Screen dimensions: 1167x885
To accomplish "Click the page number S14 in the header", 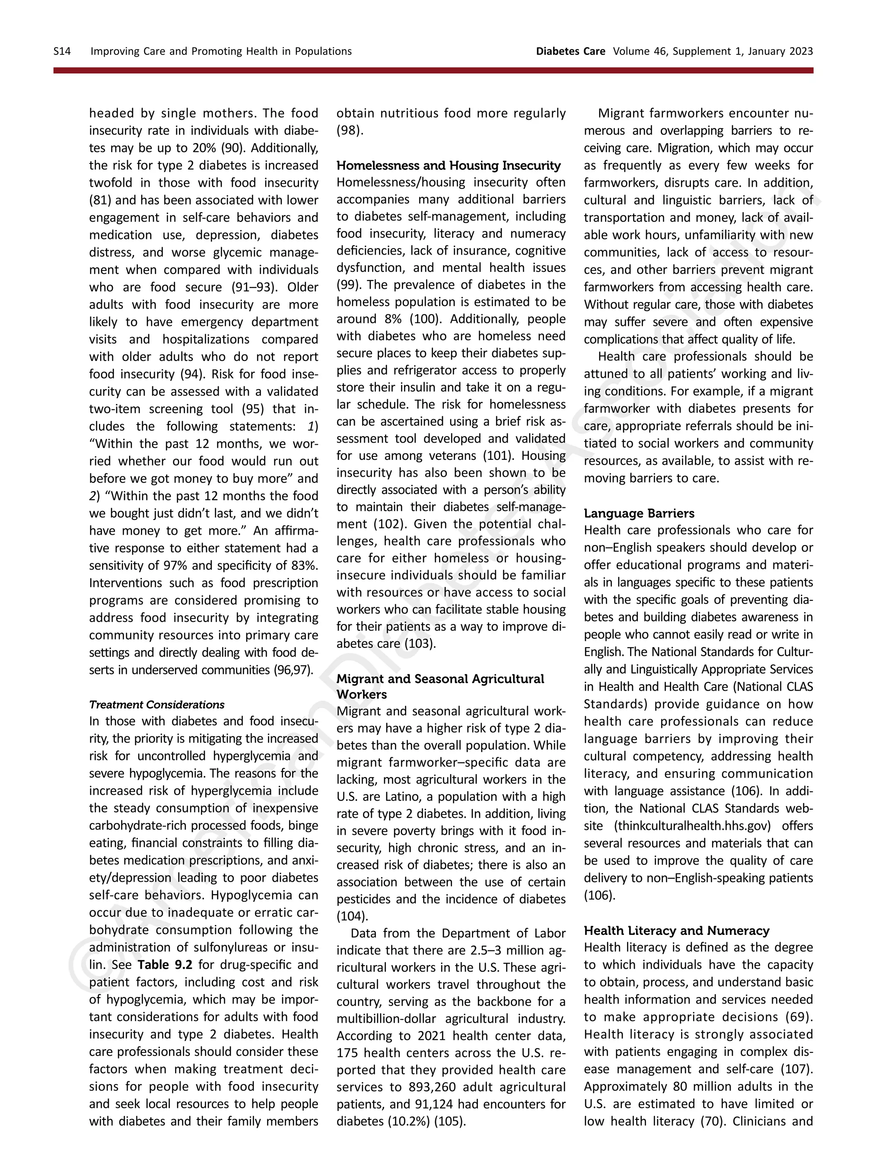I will pos(62,51).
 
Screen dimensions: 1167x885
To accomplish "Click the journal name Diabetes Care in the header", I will pos(570,51).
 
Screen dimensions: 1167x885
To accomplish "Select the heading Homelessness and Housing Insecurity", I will pos(448,165).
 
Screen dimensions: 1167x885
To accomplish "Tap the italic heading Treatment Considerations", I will pos(156,705).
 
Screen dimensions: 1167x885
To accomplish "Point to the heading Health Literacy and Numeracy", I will pos(676,930).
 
